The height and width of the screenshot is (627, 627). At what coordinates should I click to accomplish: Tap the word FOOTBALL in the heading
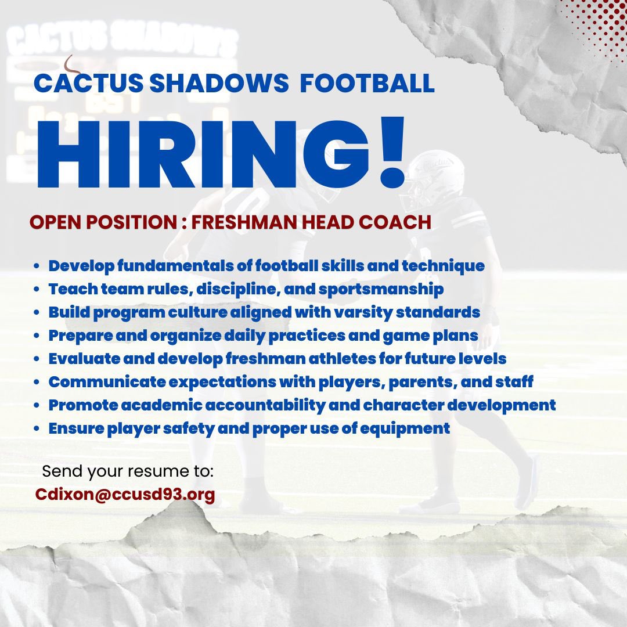(367, 83)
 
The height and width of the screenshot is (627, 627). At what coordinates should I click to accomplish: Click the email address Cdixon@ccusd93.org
(125, 494)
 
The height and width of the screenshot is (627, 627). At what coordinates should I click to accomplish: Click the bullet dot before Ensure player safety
(37, 429)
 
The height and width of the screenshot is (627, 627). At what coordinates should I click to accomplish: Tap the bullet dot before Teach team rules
(37, 290)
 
